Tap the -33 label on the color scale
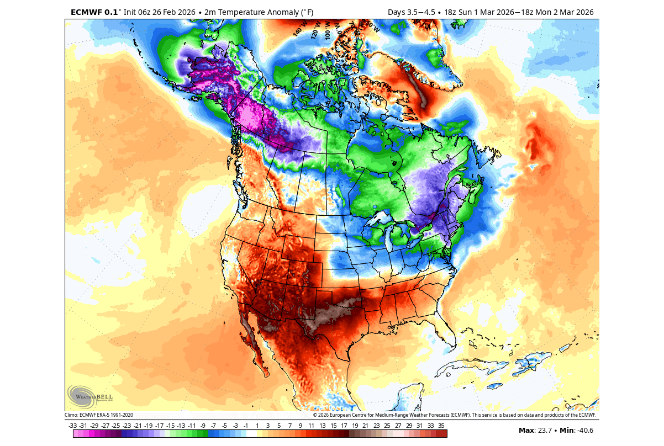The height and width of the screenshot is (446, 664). pyautogui.click(x=72, y=426)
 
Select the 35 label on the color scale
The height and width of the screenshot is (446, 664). pyautogui.click(x=441, y=426)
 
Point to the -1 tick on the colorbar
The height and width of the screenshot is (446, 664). pyautogui.click(x=246, y=426)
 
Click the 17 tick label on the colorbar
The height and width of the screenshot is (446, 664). pyautogui.click(x=344, y=426)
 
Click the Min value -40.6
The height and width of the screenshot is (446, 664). pyautogui.click(x=583, y=431)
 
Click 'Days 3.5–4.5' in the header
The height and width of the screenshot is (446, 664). pyautogui.click(x=411, y=12)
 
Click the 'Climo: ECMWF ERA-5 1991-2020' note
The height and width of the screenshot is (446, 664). pyautogui.click(x=99, y=415)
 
